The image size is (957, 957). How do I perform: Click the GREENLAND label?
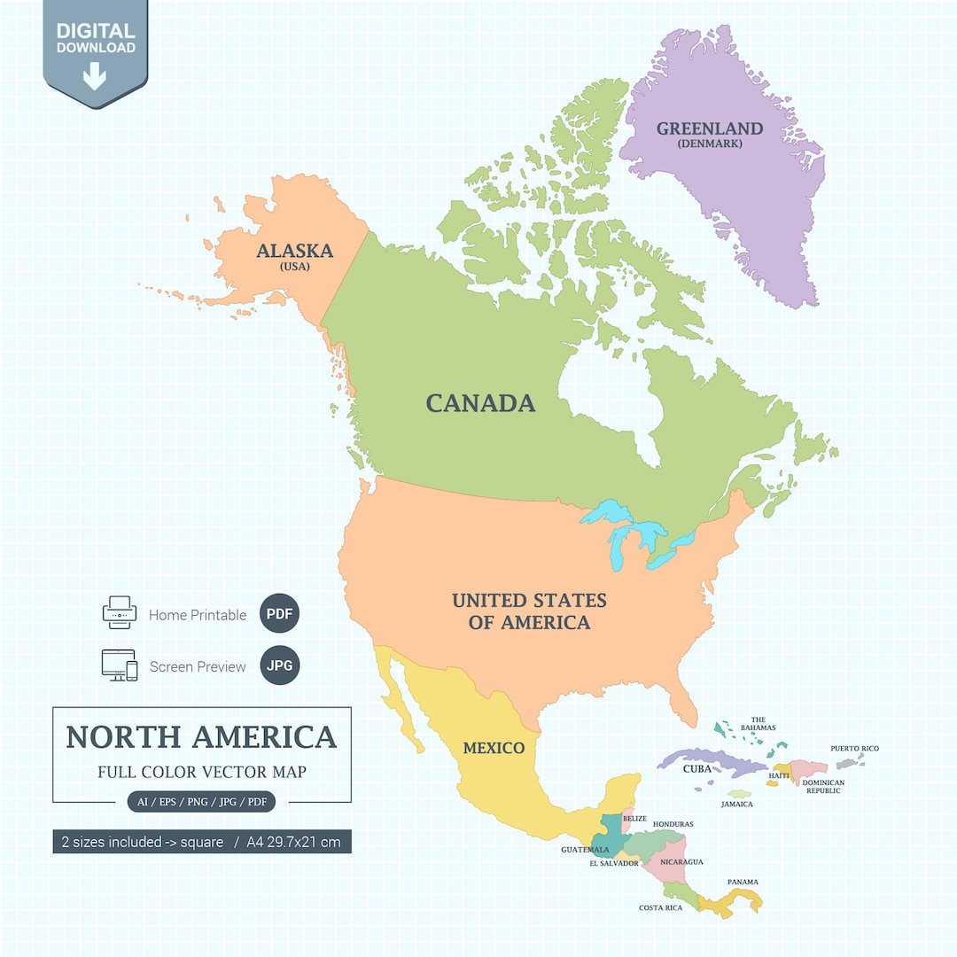point(709,128)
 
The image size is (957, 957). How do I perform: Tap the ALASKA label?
point(294,251)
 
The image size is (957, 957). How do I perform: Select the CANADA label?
point(480,403)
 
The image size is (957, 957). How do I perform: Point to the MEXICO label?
point(494,748)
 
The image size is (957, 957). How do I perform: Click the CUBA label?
point(697,769)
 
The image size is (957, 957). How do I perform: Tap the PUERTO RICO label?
point(854,749)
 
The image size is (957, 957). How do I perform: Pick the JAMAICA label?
point(736,805)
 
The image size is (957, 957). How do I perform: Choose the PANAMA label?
point(743,882)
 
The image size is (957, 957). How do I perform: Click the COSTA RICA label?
point(660,907)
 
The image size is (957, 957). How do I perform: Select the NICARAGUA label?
point(681,861)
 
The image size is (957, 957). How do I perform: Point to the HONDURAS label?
point(673,824)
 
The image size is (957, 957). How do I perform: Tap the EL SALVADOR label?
point(614,863)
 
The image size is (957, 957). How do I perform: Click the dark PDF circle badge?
point(280,614)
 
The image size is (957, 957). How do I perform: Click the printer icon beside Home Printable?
point(120,613)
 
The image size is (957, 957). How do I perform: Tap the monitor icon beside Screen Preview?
point(119,665)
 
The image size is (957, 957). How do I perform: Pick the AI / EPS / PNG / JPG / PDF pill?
point(201,802)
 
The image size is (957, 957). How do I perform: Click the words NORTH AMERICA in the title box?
point(201,737)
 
